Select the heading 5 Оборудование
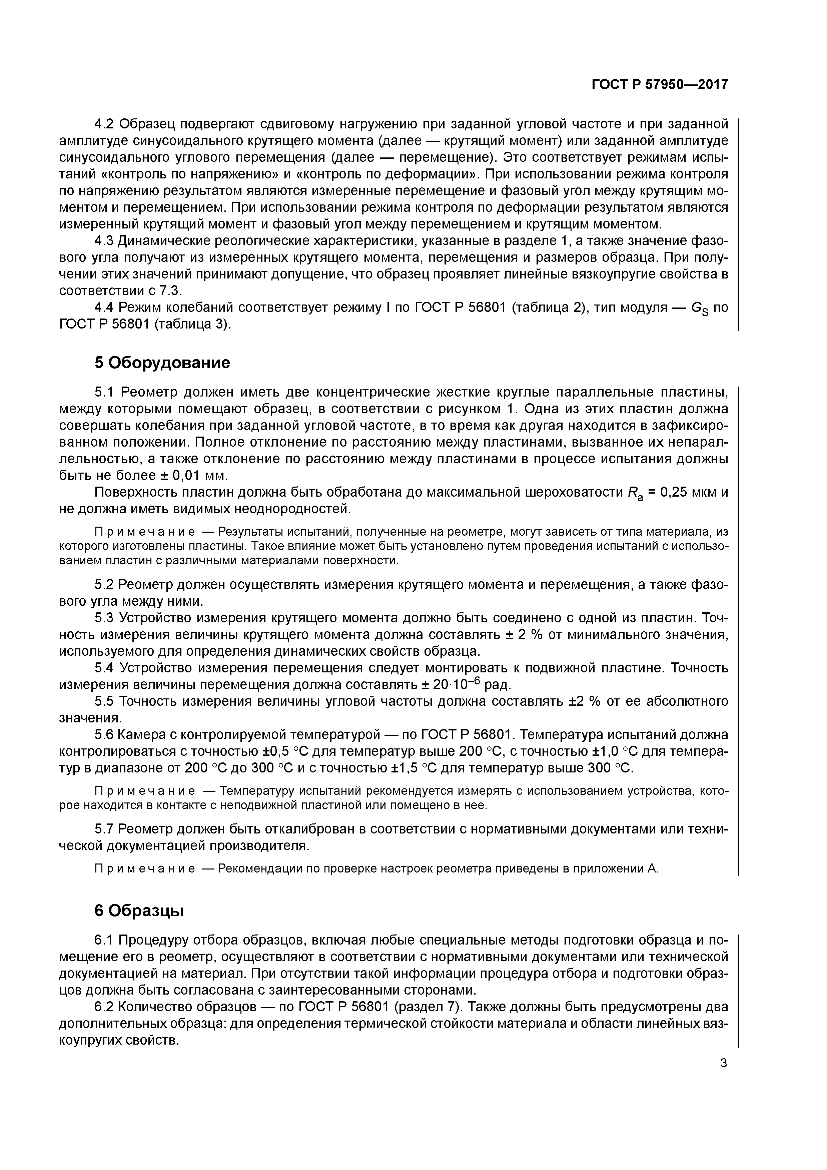162,363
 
